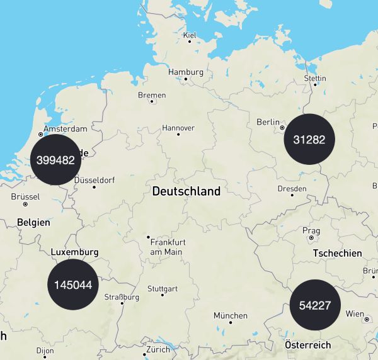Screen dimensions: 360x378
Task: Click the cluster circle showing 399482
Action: click(x=55, y=160)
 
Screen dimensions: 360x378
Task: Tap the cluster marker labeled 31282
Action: click(x=309, y=139)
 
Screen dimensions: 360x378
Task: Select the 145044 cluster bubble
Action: click(x=73, y=284)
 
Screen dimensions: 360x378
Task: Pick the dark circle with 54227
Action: click(x=315, y=305)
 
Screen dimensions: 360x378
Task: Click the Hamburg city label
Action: click(x=186, y=72)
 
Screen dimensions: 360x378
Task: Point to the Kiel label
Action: click(x=190, y=35)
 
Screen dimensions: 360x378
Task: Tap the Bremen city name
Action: click(x=152, y=95)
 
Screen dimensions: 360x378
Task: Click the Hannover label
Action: click(x=178, y=128)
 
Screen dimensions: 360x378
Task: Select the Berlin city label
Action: click(x=268, y=122)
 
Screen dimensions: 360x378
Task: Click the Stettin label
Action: click(x=315, y=78)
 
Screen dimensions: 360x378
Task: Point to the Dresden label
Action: click(x=292, y=189)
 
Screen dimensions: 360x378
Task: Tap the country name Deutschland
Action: click(x=186, y=191)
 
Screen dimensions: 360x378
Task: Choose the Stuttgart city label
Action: click(x=162, y=289)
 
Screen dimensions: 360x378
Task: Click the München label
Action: click(x=230, y=315)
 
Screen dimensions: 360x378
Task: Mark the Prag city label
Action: click(x=311, y=230)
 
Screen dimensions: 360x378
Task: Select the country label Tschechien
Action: click(x=338, y=253)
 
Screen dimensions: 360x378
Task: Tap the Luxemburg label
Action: click(x=74, y=252)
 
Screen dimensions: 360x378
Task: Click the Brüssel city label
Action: click(x=25, y=196)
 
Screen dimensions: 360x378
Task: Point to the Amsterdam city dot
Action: click(x=41, y=134)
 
